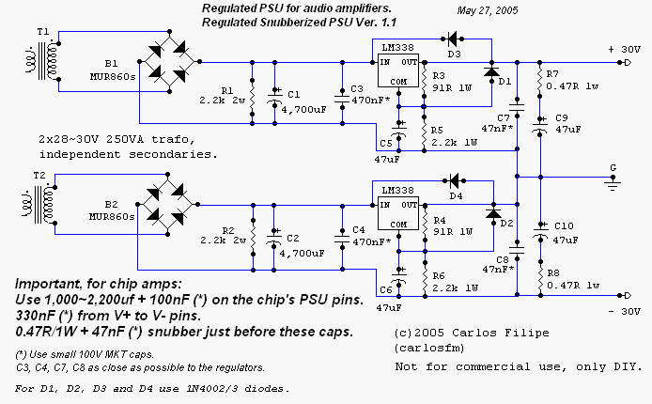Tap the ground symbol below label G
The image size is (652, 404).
point(613,187)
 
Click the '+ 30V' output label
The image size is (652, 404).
point(623,49)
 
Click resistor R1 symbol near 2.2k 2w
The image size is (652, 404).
point(252,94)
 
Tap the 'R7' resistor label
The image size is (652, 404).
point(552,73)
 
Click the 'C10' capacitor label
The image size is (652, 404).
point(564,226)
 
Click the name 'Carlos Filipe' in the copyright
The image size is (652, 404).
point(478,332)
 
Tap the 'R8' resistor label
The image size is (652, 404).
point(552,273)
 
